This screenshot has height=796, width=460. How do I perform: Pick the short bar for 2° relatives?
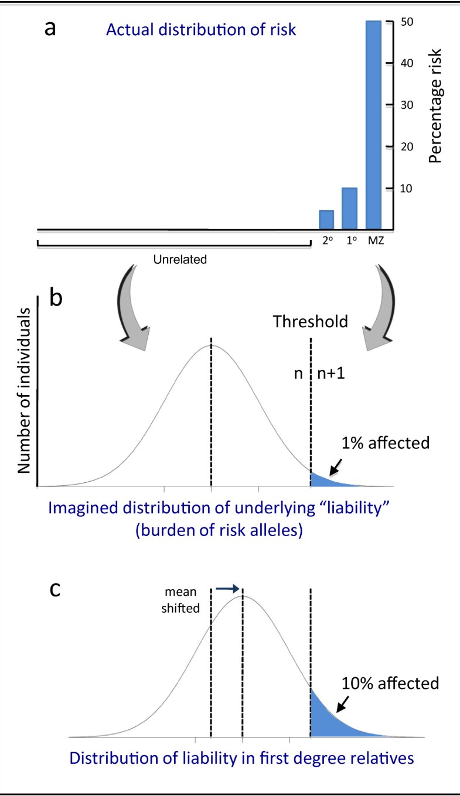point(326,219)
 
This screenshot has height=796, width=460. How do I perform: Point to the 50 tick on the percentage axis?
point(394,22)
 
